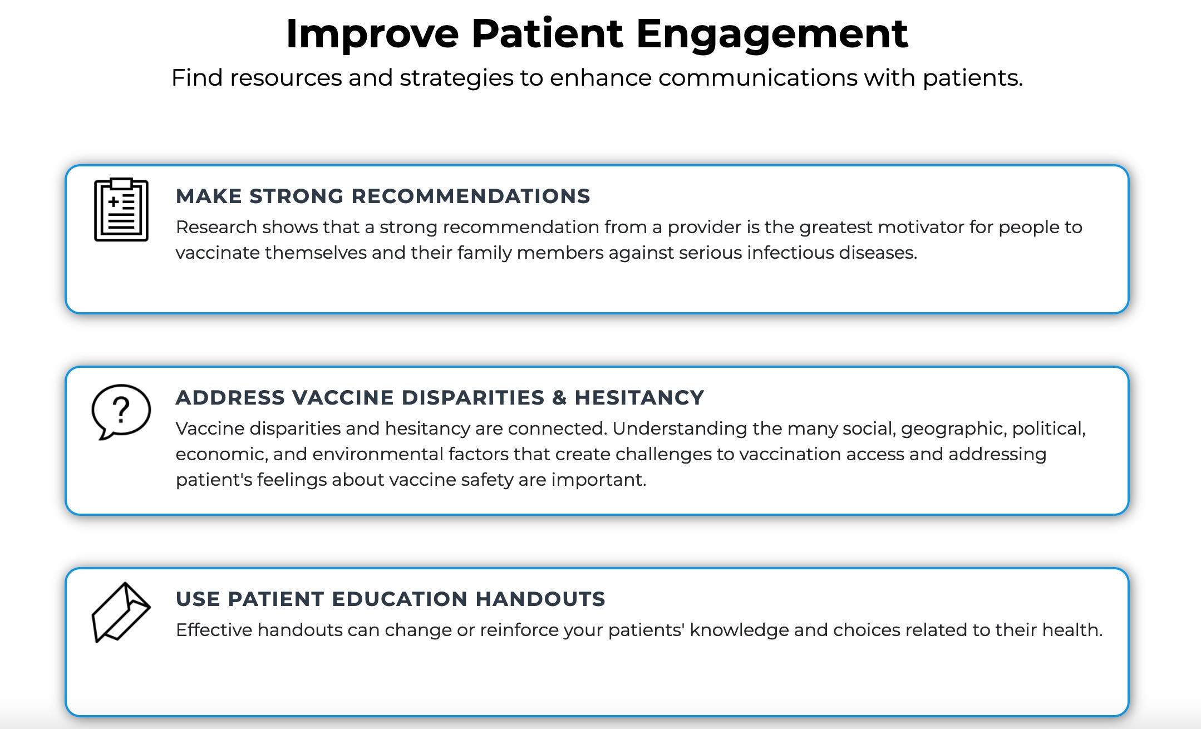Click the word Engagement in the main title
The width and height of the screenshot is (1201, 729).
pos(771,35)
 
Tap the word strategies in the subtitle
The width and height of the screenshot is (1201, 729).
pos(456,78)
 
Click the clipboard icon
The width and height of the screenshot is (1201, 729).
pos(121,210)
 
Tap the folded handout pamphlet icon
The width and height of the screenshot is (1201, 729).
pos(121,612)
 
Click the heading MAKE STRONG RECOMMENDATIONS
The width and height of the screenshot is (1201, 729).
pos(382,196)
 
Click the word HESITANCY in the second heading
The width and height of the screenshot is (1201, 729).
pos(639,398)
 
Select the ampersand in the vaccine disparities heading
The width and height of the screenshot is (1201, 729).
pos(559,398)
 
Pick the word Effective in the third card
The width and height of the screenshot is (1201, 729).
pos(214,631)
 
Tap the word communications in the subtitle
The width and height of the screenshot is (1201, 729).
pos(757,78)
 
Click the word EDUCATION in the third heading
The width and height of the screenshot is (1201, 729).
pos(400,599)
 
